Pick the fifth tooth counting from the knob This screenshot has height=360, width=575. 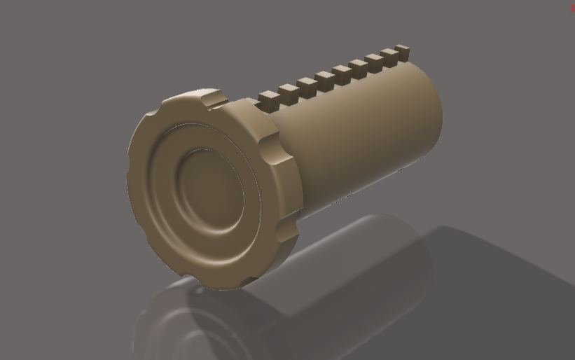(x=342, y=71)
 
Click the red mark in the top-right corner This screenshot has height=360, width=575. (x=573, y=8)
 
